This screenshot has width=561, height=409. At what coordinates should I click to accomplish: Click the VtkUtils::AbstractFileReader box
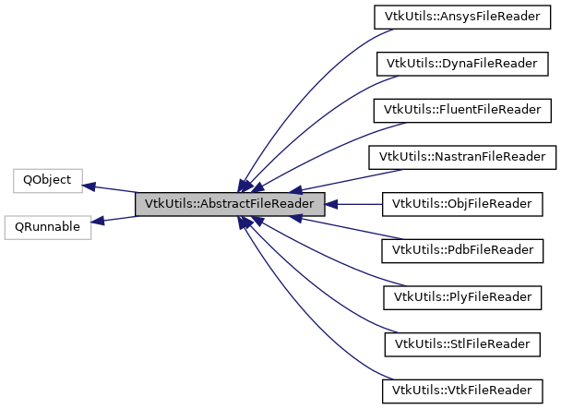point(230,204)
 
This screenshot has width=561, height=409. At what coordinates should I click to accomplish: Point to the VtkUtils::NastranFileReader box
point(462,156)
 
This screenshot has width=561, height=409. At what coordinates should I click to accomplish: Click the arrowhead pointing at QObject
point(90,186)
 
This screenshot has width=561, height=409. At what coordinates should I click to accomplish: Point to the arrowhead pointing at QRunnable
point(98,221)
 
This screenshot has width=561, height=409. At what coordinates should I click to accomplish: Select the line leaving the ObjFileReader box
point(360,203)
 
